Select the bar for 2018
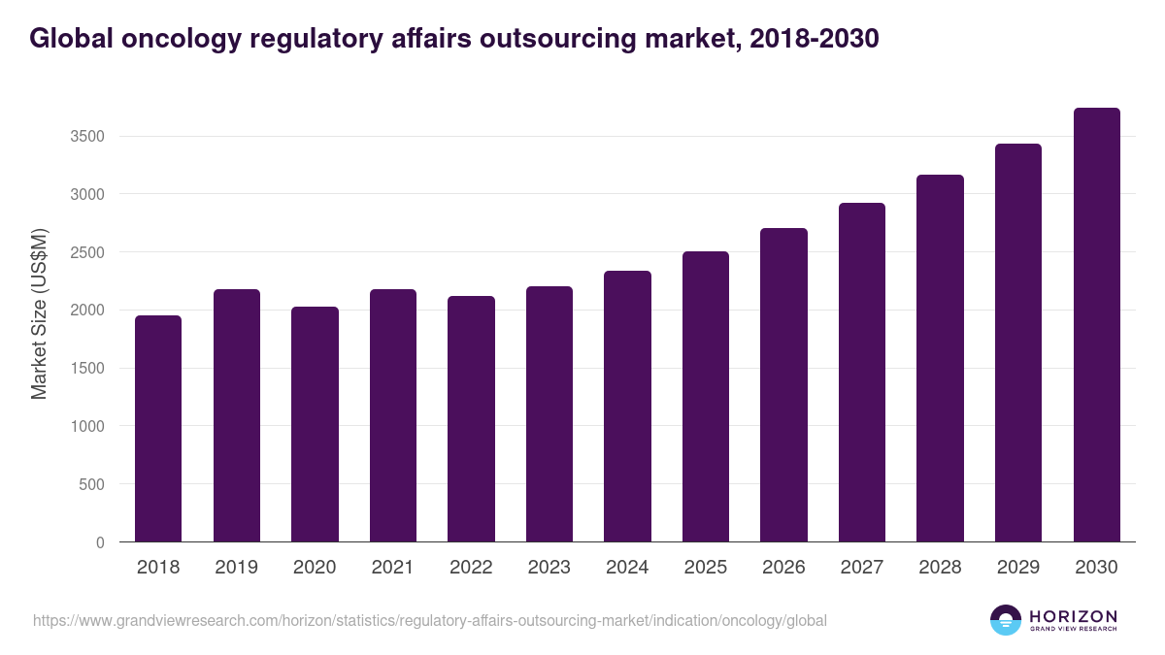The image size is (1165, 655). point(158,428)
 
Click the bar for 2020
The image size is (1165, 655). point(315,424)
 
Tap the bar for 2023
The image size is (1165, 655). point(549,413)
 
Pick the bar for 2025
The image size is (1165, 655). point(706,396)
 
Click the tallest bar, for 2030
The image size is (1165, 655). point(1096,324)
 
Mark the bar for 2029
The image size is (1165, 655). point(1018,343)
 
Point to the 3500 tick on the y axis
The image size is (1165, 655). point(86,137)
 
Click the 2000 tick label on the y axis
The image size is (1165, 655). point(86,311)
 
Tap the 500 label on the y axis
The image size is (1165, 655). point(91,484)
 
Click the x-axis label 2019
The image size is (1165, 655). point(237,568)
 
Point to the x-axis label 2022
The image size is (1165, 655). point(471,568)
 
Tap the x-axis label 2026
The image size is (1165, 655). point(783,568)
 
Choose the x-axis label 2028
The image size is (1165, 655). point(940,568)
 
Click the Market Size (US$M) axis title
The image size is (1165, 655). point(39,313)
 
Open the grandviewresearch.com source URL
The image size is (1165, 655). point(430,620)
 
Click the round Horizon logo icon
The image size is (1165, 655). point(1006,620)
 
